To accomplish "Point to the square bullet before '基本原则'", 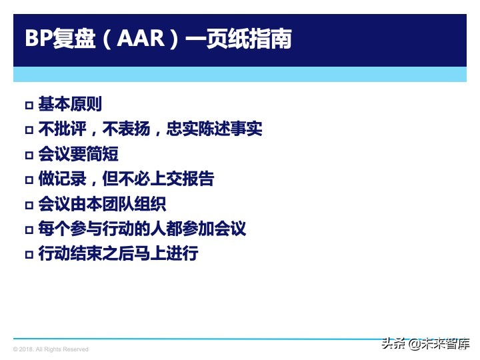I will click(29, 105).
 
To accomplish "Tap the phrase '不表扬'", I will click(126, 129).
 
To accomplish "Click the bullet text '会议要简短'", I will click(78, 154).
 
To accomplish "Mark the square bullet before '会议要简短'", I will click(29, 155).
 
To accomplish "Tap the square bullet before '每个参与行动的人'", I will click(29, 230).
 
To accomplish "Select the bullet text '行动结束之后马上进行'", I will click(118, 253).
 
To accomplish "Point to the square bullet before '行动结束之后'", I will click(29, 255).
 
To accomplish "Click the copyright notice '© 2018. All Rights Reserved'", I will click(51, 349).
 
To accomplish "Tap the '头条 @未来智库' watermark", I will click(425, 344).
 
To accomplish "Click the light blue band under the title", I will click(240, 74).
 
